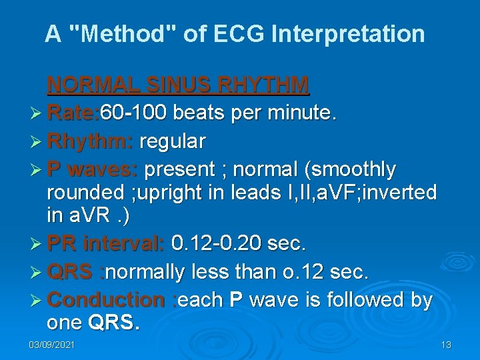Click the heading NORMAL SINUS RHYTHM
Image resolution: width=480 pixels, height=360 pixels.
[x=178, y=85]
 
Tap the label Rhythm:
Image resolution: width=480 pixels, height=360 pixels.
[x=91, y=141]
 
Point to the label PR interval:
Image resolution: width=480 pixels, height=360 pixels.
[x=106, y=244]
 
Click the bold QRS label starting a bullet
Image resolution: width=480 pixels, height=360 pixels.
[x=71, y=272]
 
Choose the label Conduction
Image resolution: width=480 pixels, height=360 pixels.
[x=106, y=300]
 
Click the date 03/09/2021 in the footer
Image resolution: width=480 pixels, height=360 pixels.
[x=52, y=345]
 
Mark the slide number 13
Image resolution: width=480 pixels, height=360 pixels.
[x=446, y=345]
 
